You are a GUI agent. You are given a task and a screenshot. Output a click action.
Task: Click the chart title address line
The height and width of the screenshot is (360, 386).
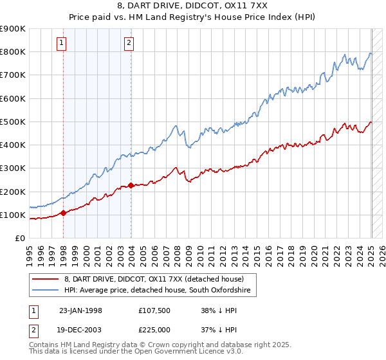click(193, 6)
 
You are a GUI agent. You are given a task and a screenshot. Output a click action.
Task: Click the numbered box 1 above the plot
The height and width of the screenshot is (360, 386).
click(61, 43)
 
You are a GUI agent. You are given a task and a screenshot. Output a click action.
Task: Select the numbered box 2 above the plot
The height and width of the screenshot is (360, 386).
click(129, 43)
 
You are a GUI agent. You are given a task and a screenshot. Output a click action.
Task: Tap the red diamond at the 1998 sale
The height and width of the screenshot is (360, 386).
click(64, 213)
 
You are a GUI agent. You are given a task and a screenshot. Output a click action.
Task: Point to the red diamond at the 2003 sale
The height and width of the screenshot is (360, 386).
click(131, 186)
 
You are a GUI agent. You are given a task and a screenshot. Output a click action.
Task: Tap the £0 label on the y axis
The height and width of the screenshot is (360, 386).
click(19, 238)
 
